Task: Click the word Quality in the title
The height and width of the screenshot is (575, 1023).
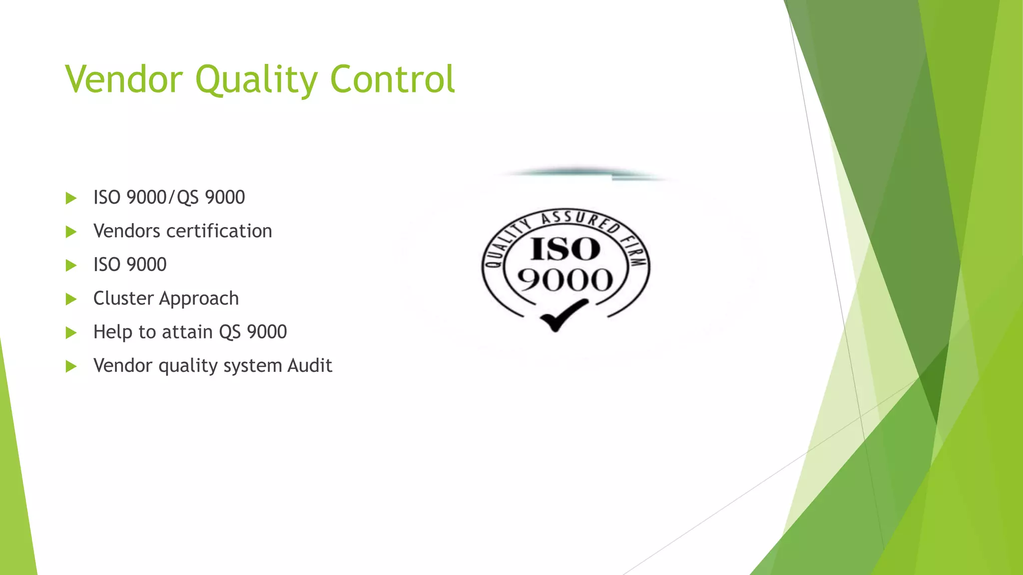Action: [257, 80]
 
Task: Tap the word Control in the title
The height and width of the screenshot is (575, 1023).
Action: [393, 80]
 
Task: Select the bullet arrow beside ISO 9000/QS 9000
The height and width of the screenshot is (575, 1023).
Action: [71, 198]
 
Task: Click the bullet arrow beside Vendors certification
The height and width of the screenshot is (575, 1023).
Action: [71, 232]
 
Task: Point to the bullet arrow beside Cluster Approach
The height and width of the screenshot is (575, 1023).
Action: [71, 299]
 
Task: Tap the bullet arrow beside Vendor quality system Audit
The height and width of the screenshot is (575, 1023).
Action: [71, 366]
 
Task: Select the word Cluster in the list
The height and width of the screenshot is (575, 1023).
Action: [123, 298]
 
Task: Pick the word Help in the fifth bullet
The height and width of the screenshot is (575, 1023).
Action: [113, 332]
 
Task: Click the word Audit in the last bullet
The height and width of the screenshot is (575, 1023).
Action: [310, 365]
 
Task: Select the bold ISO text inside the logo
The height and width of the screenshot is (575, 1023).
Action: [565, 249]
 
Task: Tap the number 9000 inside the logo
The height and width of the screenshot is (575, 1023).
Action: [565, 280]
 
